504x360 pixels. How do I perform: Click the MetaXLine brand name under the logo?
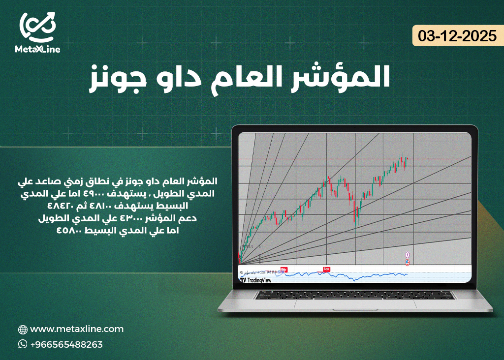point(37,49)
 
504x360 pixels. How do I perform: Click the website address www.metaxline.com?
point(77,329)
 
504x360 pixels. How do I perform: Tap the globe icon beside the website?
point(22,330)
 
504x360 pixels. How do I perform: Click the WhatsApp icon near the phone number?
point(22,344)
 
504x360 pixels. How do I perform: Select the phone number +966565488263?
point(66,344)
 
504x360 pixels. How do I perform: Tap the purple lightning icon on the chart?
point(408,254)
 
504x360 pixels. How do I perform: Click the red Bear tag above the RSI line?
point(326,269)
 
